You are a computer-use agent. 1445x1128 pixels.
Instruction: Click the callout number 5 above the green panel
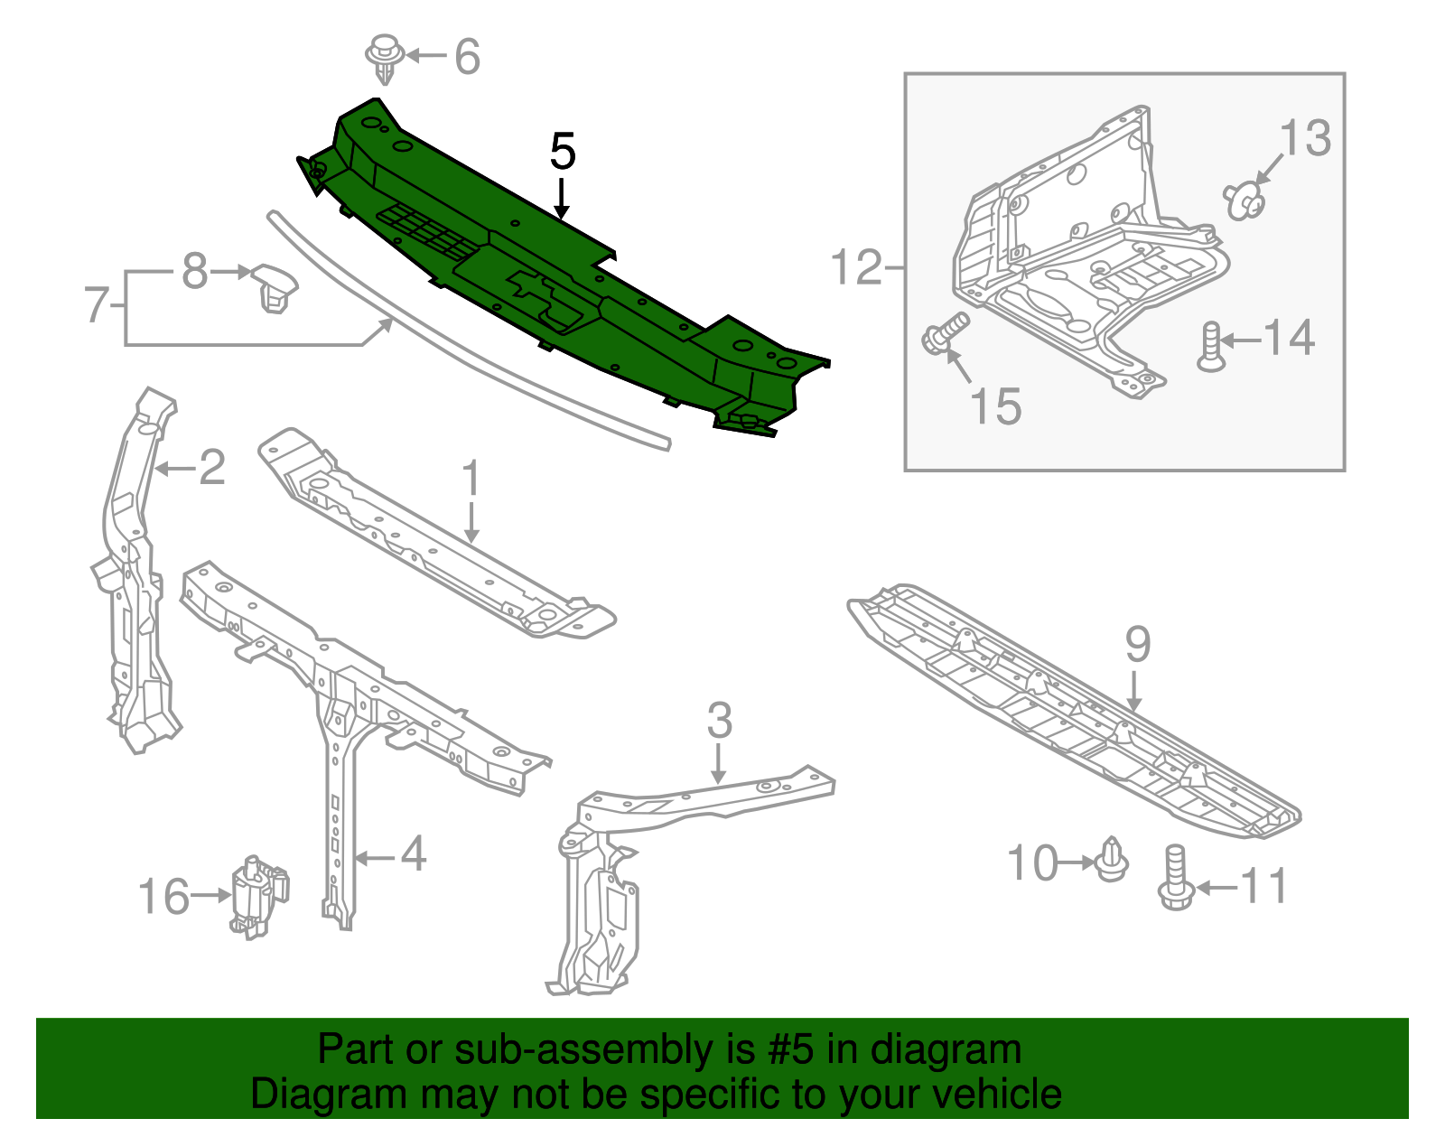point(562,151)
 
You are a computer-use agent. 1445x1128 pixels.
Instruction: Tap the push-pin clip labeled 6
point(385,59)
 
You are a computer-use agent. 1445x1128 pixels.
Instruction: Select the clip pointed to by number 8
point(275,288)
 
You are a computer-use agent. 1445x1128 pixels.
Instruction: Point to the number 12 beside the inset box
point(857,267)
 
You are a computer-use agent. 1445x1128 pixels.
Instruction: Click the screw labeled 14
point(1211,346)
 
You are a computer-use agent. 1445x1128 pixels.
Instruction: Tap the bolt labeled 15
point(945,332)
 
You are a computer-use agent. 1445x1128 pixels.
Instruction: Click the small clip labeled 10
point(1111,860)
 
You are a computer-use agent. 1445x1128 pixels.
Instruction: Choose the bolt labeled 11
point(1176,878)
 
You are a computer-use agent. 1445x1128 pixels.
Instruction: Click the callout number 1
point(471,477)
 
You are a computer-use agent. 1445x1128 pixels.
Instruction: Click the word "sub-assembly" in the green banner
point(604,1049)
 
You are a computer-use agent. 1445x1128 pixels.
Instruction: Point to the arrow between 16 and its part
point(210,895)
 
